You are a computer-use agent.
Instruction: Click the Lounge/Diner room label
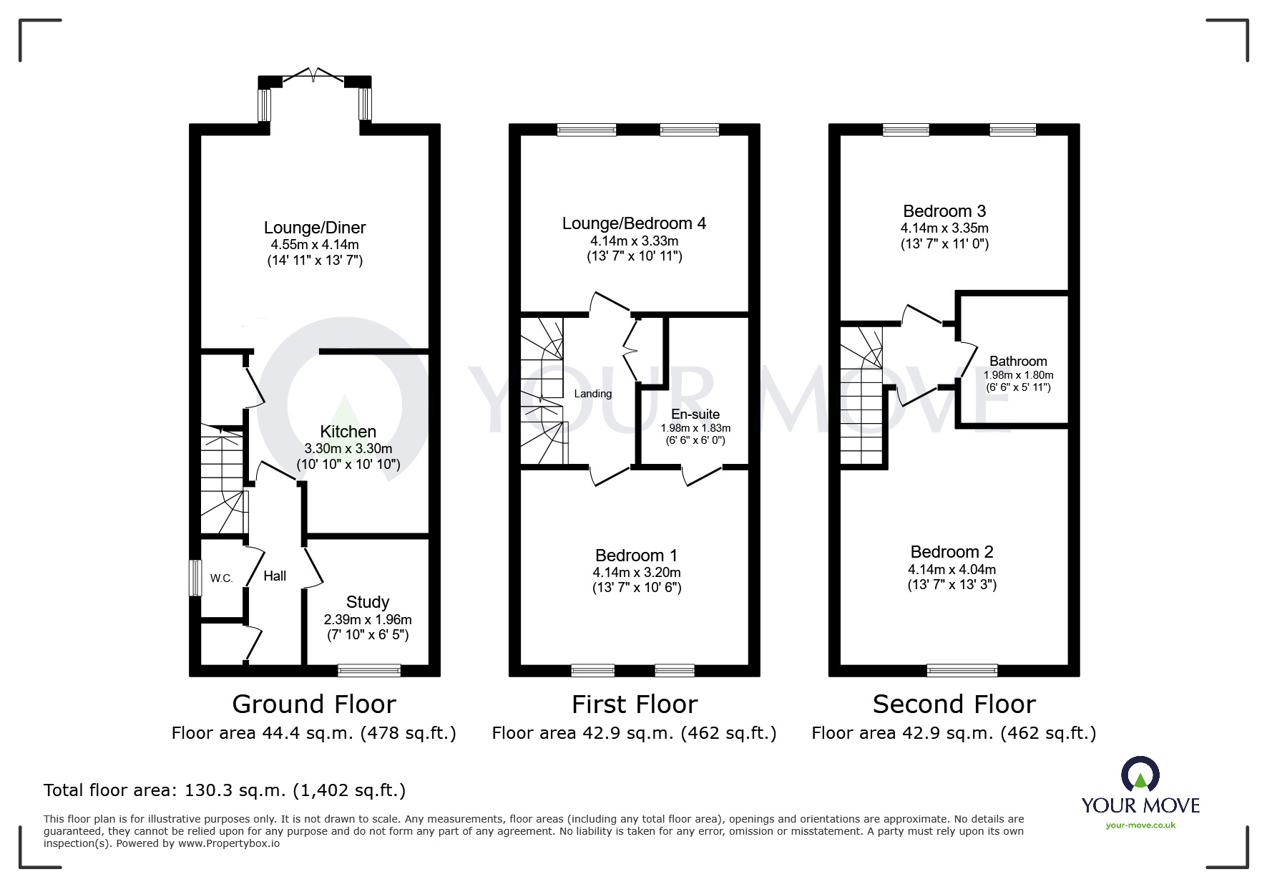[x=315, y=228]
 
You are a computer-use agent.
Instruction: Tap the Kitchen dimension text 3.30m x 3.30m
[x=348, y=449]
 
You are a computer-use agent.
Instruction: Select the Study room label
[x=368, y=602]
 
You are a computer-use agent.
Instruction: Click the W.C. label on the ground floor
[x=221, y=578]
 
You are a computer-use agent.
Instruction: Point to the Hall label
[x=275, y=576]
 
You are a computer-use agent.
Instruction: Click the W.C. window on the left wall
[x=194, y=578]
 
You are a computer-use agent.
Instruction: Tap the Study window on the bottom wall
[x=369, y=671]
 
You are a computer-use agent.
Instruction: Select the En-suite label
[x=695, y=415]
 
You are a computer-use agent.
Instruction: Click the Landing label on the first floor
[x=593, y=394]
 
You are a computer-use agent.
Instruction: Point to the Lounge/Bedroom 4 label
[x=634, y=223]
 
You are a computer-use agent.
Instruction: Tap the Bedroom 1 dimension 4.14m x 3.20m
[x=637, y=573]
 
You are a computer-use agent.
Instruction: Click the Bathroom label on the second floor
[x=1018, y=362]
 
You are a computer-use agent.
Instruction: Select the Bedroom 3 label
[x=944, y=211]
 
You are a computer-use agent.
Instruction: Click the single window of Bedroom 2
[x=962, y=671]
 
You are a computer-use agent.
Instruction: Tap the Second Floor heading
[x=954, y=704]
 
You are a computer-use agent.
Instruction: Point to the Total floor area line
[x=225, y=790]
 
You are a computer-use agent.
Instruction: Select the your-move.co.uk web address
[x=1140, y=825]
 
